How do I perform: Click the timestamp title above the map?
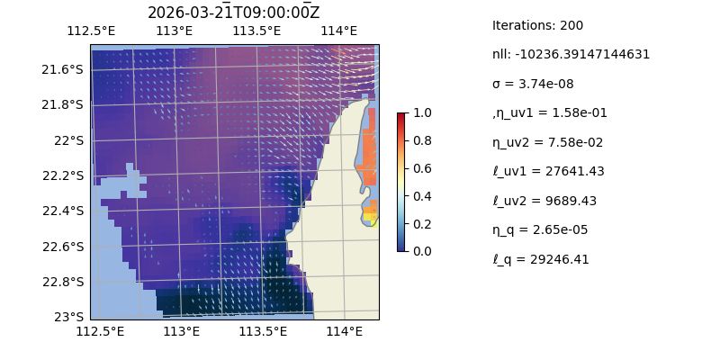(x=233, y=13)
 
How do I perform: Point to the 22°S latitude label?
(x=69, y=140)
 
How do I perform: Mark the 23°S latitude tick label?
(x=69, y=317)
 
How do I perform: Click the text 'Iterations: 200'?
(x=537, y=25)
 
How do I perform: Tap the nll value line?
(x=571, y=54)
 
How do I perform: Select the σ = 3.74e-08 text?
(x=533, y=84)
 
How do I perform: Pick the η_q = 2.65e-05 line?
(x=540, y=229)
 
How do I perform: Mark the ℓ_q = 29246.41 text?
(x=541, y=259)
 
